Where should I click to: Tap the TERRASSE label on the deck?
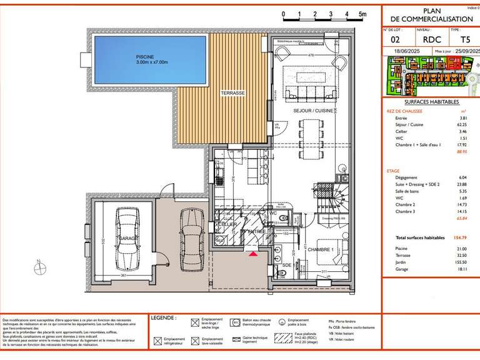(232, 92)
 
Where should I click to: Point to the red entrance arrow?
(252, 253)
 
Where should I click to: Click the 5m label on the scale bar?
(362, 13)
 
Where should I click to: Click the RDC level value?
(431, 40)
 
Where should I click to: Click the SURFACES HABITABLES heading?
(432, 102)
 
